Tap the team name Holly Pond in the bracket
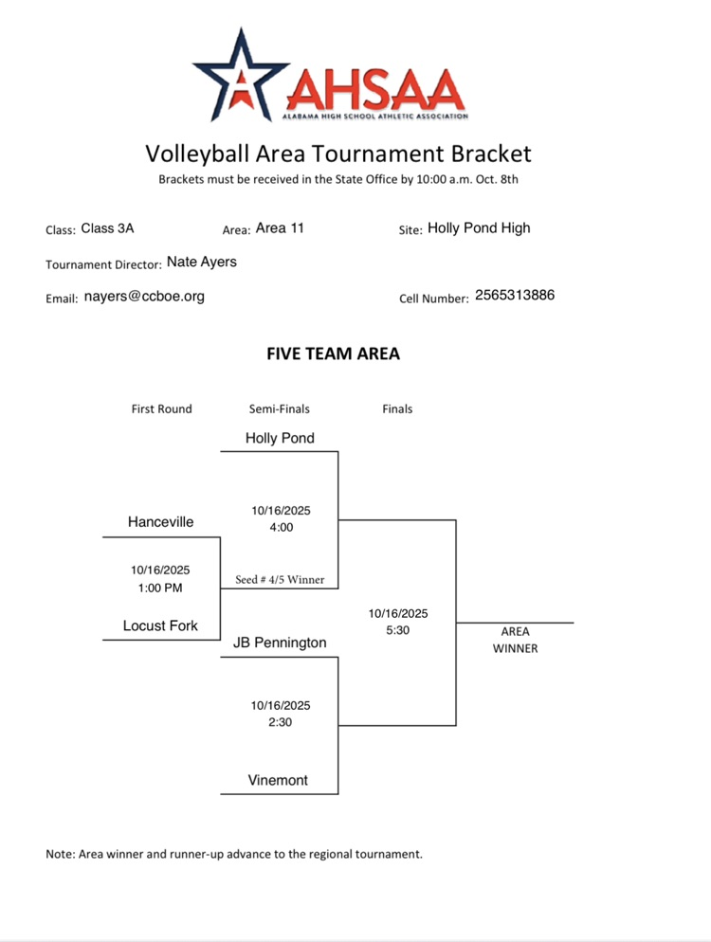pos(280,438)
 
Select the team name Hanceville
pos(160,522)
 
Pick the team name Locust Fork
pos(160,625)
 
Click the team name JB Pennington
pos(280,643)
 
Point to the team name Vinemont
pos(279,781)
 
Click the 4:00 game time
pos(281,527)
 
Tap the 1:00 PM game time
pos(160,587)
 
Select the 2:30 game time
pos(281,722)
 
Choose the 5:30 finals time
pos(398,629)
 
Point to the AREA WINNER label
pos(515,640)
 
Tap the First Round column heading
pos(161,409)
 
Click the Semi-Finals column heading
pos(279,409)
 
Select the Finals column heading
pos(397,409)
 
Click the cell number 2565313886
pos(515,295)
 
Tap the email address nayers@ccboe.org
pos(144,296)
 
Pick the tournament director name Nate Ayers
pos(202,262)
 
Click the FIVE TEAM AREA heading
pos(334,354)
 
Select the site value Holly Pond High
pos(479,227)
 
